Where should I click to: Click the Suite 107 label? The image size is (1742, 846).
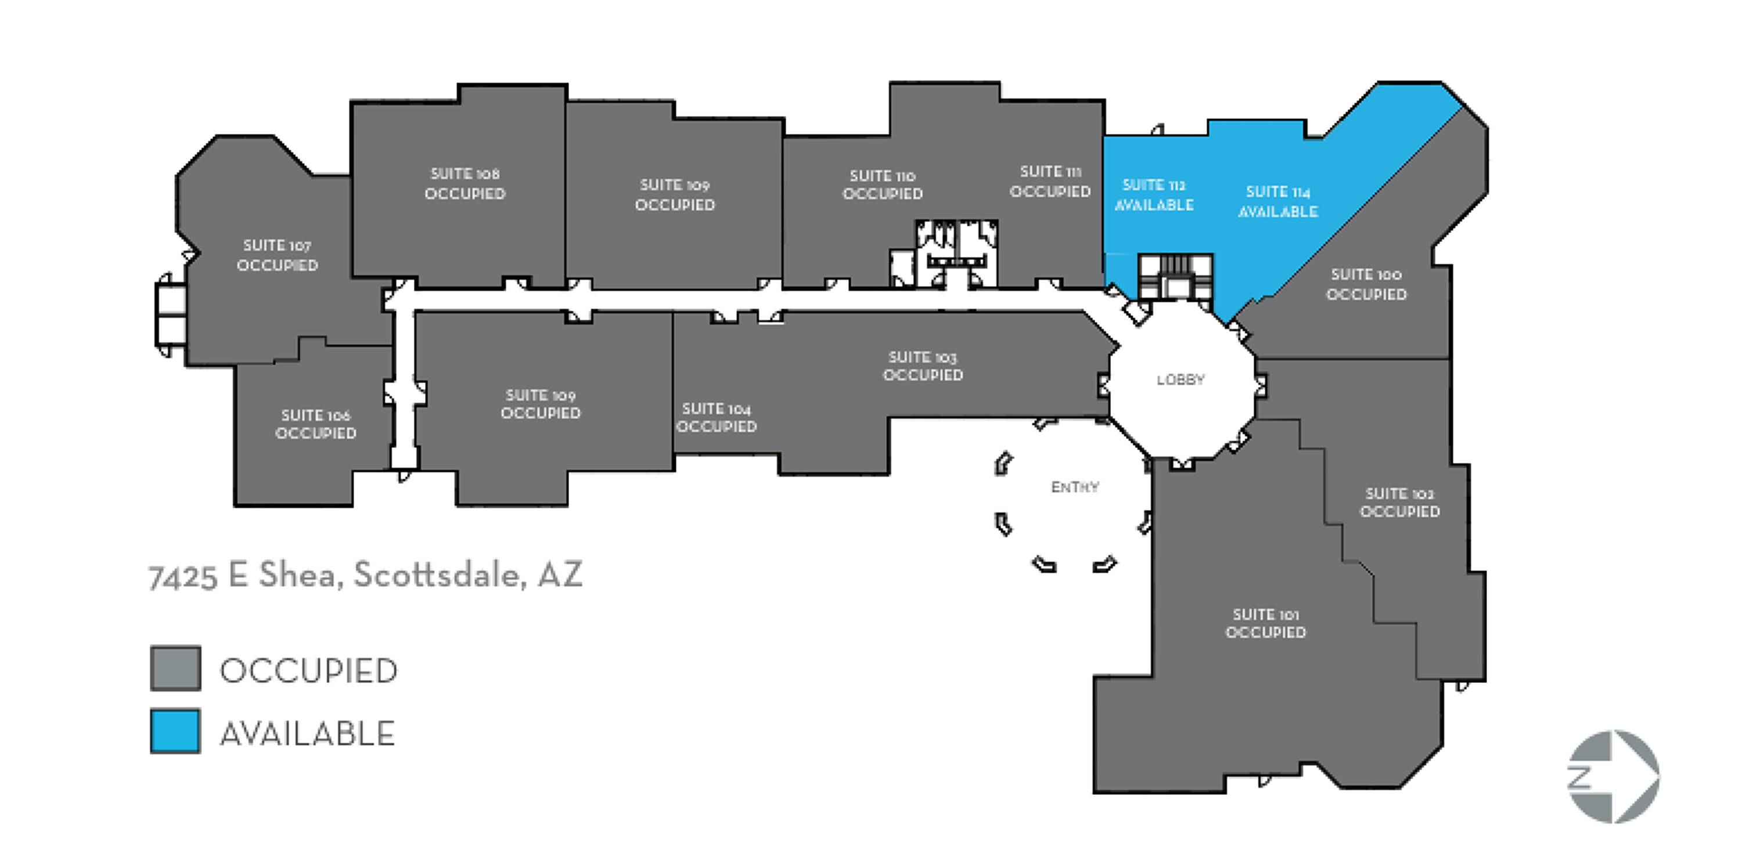coord(277,255)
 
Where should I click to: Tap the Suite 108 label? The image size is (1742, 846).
coord(465,183)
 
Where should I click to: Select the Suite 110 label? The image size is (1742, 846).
coord(883,184)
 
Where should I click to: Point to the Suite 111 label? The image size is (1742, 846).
coord(1050,181)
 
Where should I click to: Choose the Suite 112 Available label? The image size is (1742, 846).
coord(1154,194)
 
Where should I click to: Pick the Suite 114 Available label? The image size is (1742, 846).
coord(1278,201)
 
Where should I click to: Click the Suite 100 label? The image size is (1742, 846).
coord(1366,284)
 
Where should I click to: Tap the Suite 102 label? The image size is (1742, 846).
coord(1400,502)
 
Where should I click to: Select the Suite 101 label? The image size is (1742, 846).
coord(1265,623)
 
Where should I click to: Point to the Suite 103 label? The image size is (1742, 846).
coord(923,366)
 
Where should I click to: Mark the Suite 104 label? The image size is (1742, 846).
coord(716,417)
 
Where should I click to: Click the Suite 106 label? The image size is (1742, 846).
coord(316,424)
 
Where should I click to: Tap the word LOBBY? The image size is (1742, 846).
coord(1180,379)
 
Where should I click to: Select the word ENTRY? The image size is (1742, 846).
coord(1075,486)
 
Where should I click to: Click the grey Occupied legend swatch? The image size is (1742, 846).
coord(175,668)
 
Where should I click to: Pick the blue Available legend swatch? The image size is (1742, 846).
coord(175,731)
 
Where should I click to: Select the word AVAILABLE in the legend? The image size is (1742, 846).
coord(308,734)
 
